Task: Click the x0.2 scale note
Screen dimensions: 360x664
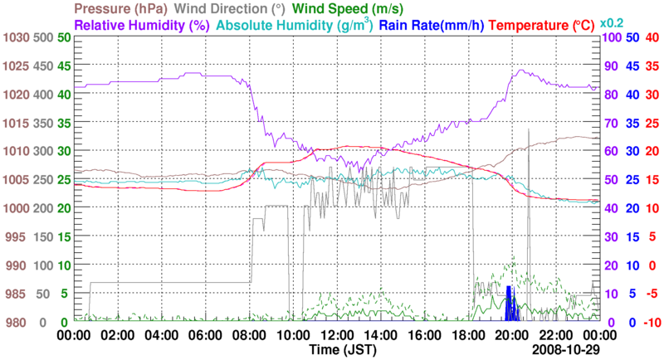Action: coord(613,22)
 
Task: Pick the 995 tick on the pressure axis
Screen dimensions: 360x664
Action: coord(17,237)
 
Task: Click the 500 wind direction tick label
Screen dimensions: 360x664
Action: coord(42,38)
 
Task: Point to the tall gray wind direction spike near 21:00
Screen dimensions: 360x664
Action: coord(529,166)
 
